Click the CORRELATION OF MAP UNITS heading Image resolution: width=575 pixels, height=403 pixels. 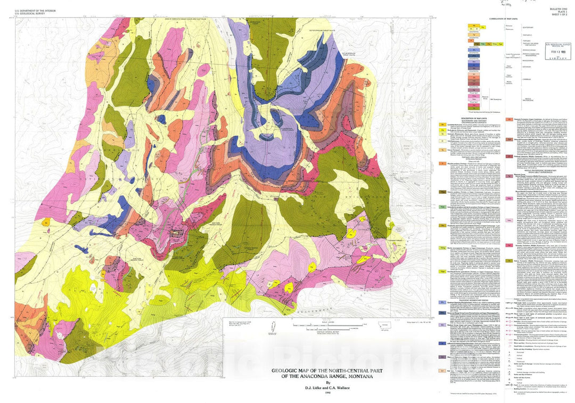point(503,19)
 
